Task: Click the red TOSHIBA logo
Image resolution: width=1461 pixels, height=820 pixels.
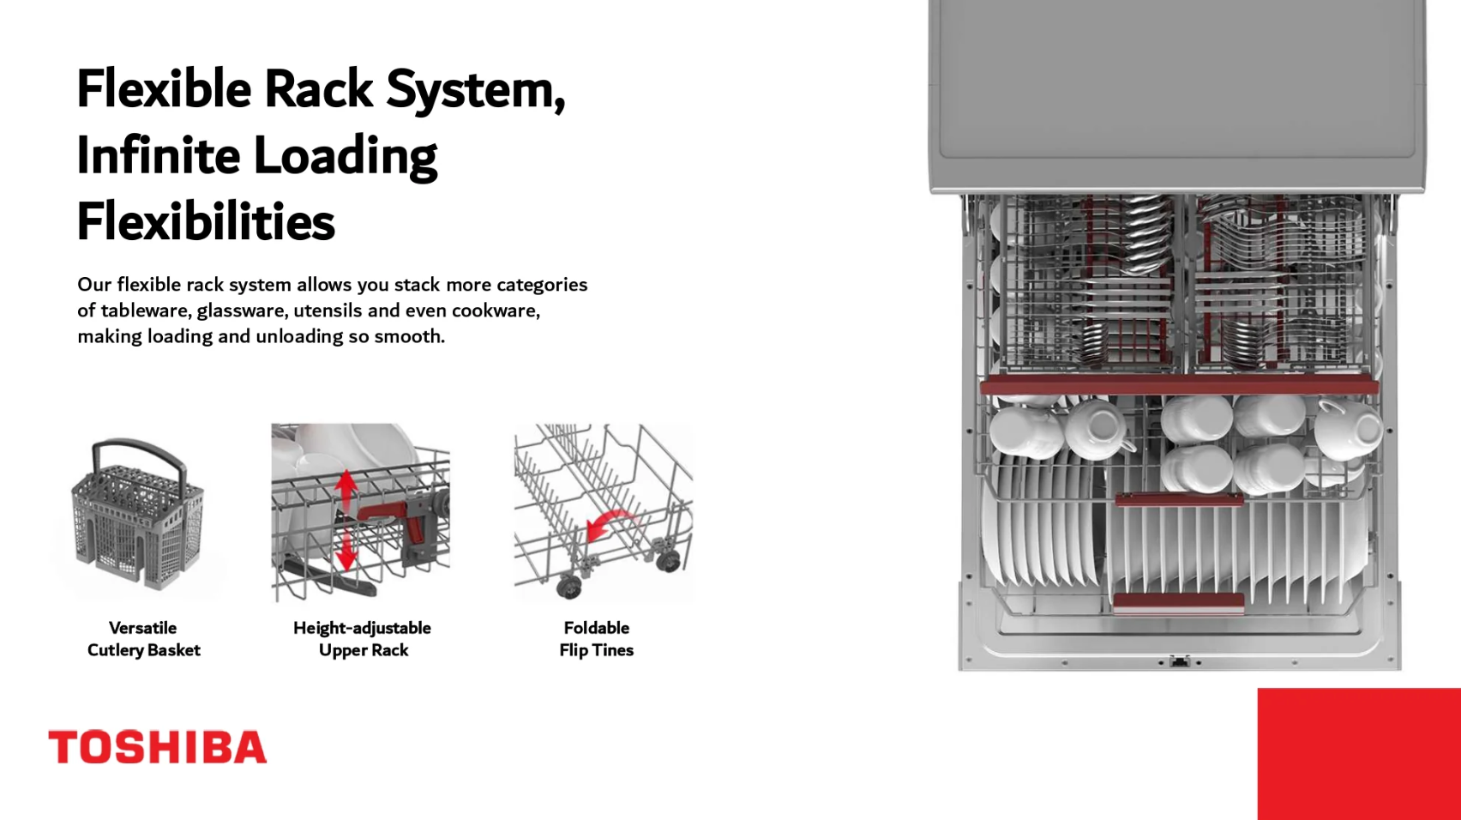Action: pos(157,747)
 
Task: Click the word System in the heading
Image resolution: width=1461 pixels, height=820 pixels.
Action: pos(475,88)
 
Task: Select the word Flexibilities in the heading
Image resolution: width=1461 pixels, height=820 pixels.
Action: pos(206,221)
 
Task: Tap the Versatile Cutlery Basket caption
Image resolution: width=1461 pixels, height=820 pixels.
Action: pos(143,639)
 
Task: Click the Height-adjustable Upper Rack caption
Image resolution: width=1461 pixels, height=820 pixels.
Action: pos(362,639)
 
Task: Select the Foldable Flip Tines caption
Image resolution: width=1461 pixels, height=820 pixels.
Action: pos(596,639)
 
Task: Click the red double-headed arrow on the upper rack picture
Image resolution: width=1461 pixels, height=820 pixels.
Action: pos(346,520)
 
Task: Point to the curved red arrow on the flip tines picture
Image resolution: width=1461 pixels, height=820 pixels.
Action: pos(610,524)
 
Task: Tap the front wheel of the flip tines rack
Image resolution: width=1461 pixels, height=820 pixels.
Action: pos(568,587)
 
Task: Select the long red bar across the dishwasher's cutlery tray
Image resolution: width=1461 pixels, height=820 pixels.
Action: pos(1178,386)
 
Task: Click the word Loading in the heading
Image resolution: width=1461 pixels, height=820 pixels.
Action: pos(345,155)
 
